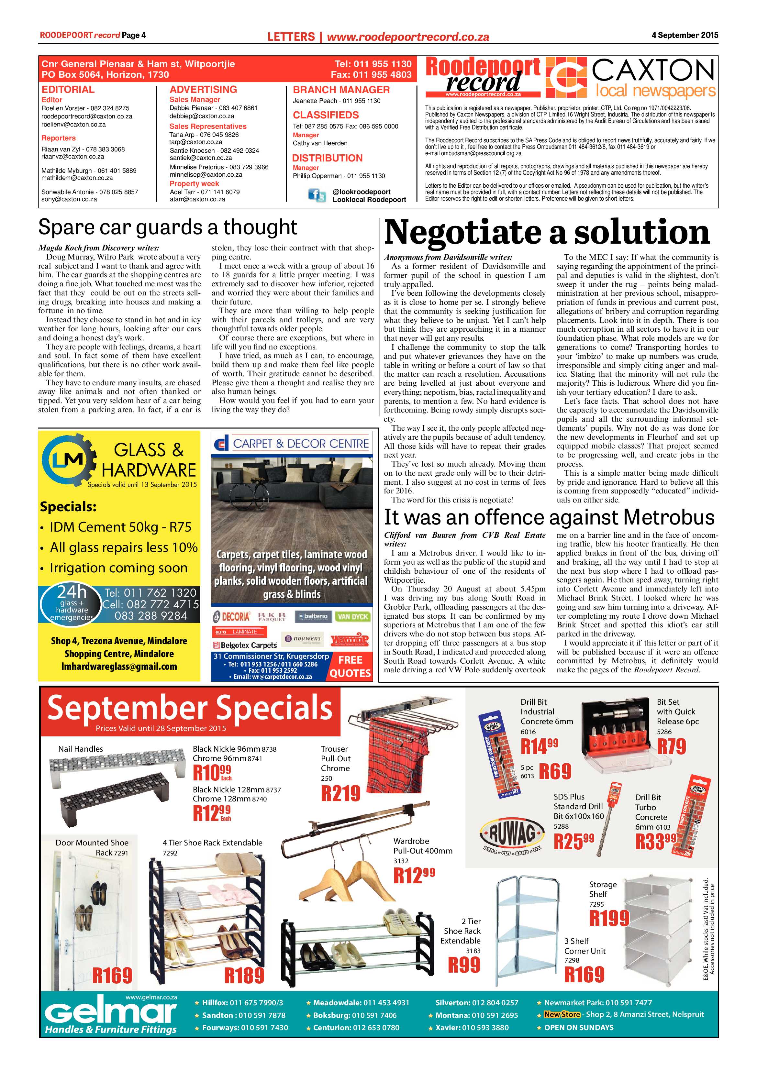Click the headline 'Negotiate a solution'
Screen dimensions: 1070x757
coord(546,232)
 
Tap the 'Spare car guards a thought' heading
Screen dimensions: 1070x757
coord(167,227)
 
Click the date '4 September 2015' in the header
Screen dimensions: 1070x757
coord(684,35)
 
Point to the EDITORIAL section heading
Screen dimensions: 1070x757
coord(68,90)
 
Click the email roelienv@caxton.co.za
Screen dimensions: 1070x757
coord(74,125)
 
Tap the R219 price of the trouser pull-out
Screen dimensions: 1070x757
coord(341,793)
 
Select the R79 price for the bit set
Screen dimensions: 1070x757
coord(671,746)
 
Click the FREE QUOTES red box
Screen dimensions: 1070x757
coord(350,667)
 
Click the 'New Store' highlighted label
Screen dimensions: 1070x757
coord(562,1015)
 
